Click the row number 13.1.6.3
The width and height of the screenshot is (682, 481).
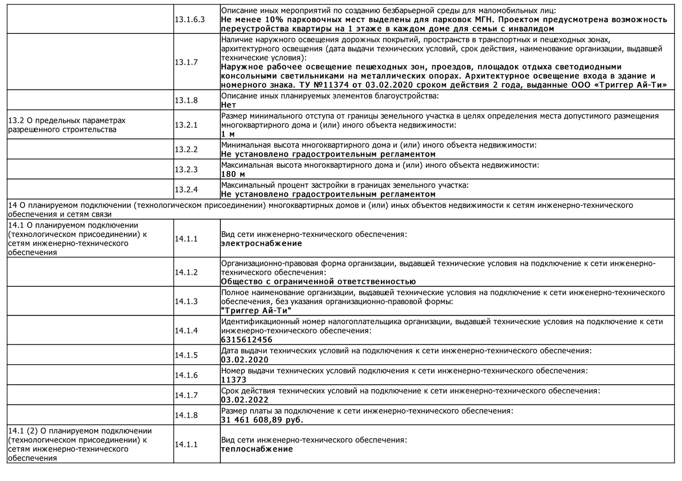pos(190,20)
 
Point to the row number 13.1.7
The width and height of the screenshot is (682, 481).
pos(186,62)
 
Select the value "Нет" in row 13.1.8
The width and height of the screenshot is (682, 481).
pos(228,105)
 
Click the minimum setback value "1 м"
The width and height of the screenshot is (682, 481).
pos(227,134)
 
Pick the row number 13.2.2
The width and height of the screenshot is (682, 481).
pos(186,149)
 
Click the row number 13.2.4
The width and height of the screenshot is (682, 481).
pos(186,189)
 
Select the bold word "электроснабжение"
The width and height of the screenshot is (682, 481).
pos(261,244)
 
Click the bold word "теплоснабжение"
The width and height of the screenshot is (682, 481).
pos(257,449)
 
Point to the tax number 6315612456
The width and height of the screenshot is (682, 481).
pos(246,340)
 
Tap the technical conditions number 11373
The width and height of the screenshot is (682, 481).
pos(233,380)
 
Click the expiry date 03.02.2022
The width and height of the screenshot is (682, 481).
pos(245,400)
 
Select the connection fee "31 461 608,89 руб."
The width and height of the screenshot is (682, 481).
pos(262,420)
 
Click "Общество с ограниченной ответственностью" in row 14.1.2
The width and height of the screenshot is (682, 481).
pos(318,281)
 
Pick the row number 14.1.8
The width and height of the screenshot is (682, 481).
pos(186,415)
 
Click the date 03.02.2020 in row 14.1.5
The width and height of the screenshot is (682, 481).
pos(245,360)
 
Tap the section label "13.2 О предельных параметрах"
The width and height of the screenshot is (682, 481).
pos(67,121)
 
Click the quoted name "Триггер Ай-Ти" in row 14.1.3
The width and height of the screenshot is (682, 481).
pos(256,311)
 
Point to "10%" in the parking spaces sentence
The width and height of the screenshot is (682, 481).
pos(274,20)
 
